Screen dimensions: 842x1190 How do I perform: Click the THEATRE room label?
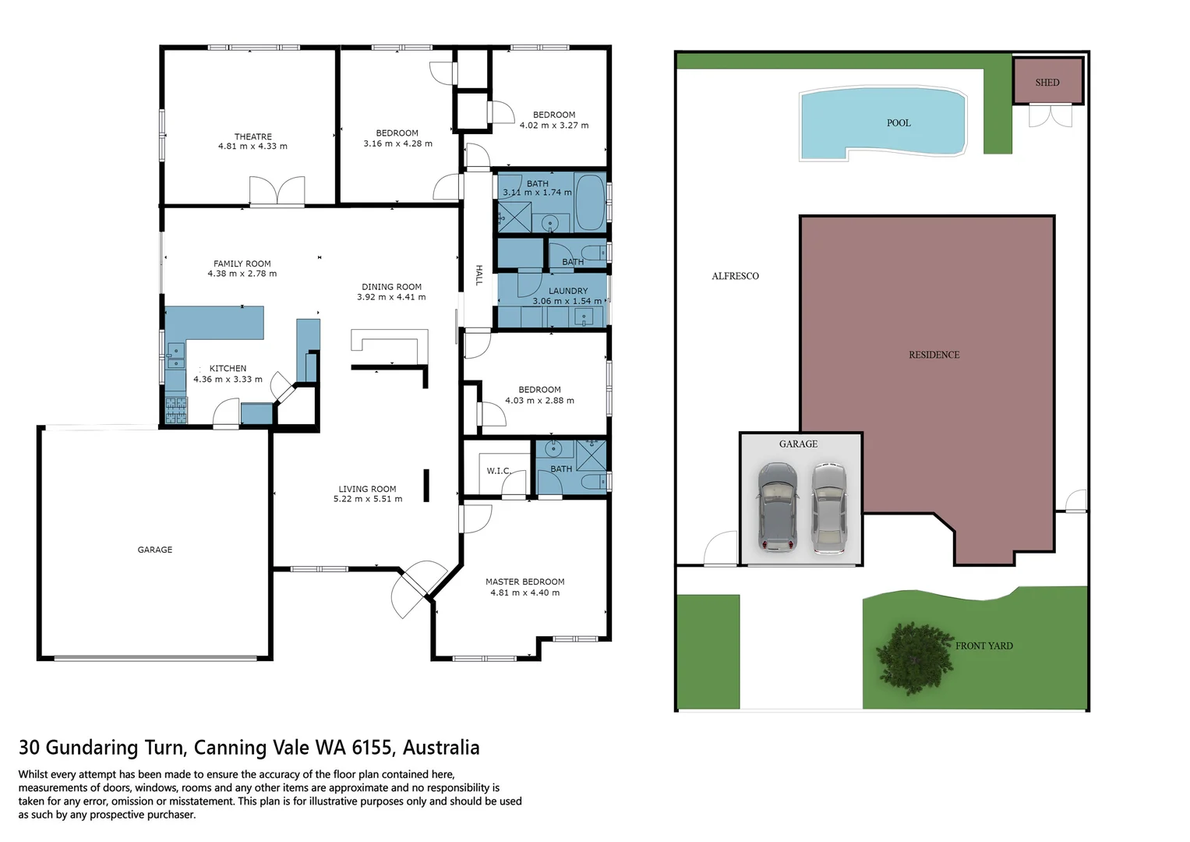pyautogui.click(x=252, y=136)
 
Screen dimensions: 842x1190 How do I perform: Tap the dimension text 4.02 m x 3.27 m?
pyautogui.click(x=554, y=126)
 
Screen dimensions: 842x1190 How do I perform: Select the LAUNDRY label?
pyautogui.click(x=568, y=291)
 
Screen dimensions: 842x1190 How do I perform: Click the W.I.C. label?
pyautogui.click(x=498, y=471)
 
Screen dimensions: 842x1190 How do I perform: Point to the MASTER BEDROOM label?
pyautogui.click(x=524, y=582)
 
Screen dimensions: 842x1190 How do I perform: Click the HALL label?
pyautogui.click(x=478, y=275)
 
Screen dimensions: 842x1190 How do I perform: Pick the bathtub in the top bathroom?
pyautogui.click(x=590, y=202)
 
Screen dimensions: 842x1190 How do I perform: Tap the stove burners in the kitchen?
pyautogui.click(x=176, y=410)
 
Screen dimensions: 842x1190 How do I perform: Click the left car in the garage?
pyautogui.click(x=777, y=507)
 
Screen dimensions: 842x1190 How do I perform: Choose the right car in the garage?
pyautogui.click(x=828, y=508)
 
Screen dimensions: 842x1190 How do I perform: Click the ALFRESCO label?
pyautogui.click(x=735, y=276)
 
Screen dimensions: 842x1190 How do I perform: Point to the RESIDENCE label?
pyautogui.click(x=934, y=355)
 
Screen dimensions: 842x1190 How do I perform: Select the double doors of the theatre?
pyautogui.click(x=277, y=192)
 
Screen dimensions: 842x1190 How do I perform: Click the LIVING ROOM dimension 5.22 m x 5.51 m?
pyautogui.click(x=368, y=499)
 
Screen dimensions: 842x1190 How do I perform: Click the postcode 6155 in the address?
pyautogui.click(x=373, y=748)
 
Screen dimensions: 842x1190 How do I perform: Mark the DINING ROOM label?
pyautogui.click(x=391, y=287)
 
